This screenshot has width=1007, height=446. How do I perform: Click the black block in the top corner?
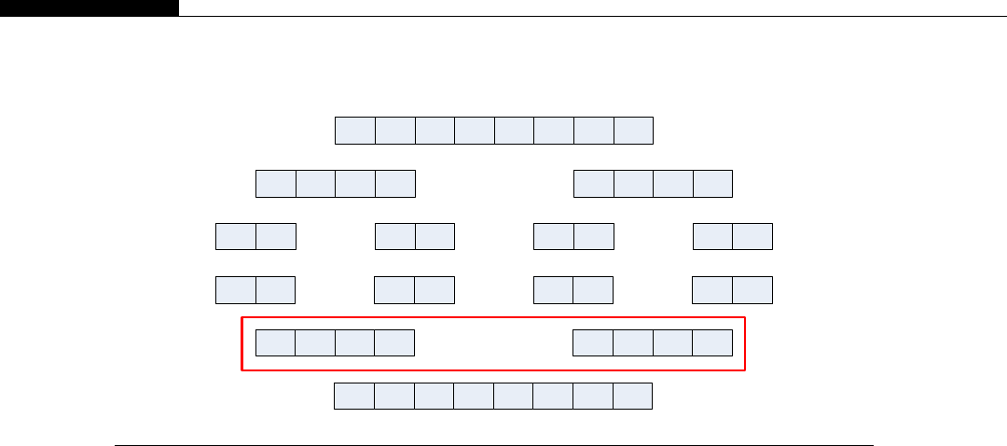pyautogui.click(x=89, y=7)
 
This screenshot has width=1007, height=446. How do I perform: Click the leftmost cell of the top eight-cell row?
pyautogui.click(x=355, y=131)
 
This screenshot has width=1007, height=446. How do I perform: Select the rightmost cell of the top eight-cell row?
pyautogui.click(x=633, y=131)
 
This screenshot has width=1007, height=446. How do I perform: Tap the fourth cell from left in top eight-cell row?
pyautogui.click(x=475, y=131)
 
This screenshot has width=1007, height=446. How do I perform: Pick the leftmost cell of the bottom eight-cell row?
pyautogui.click(x=354, y=396)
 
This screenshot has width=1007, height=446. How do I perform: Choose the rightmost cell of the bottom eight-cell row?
pyautogui.click(x=632, y=396)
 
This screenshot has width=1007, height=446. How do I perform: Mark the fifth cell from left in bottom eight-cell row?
pyautogui.click(x=514, y=396)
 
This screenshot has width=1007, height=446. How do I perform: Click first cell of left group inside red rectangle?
pyautogui.click(x=276, y=342)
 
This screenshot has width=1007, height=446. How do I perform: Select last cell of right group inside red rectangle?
pyautogui.click(x=712, y=342)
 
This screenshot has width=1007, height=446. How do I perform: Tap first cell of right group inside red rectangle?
pyautogui.click(x=593, y=342)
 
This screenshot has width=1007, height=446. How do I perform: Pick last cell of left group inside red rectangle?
pyautogui.click(x=395, y=342)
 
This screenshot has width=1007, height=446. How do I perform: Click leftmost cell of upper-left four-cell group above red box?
pyautogui.click(x=276, y=184)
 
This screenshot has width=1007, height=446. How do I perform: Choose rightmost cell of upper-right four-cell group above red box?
pyautogui.click(x=713, y=184)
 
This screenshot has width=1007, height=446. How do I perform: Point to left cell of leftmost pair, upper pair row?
pyautogui.click(x=236, y=237)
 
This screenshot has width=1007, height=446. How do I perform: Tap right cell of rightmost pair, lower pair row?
pyautogui.click(x=752, y=290)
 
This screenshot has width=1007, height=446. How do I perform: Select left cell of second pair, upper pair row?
pyautogui.click(x=395, y=237)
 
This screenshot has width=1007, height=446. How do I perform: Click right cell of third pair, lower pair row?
pyautogui.click(x=593, y=290)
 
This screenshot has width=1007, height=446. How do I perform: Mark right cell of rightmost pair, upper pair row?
pyautogui.click(x=753, y=237)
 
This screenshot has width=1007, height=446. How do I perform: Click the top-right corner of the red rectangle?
pyautogui.click(x=745, y=318)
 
